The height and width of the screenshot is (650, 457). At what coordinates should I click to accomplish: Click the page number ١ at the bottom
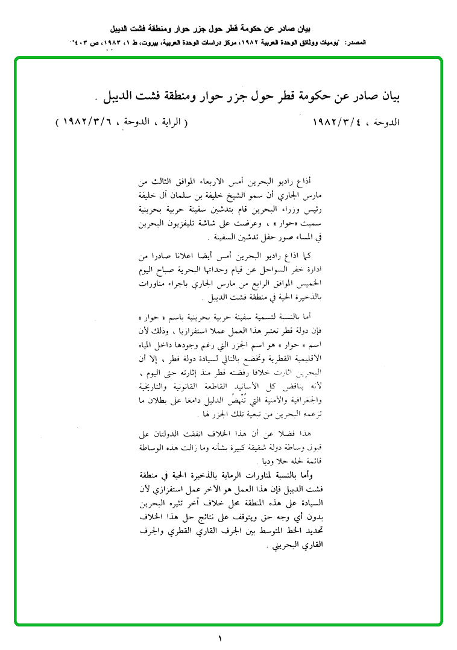point(221,638)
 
